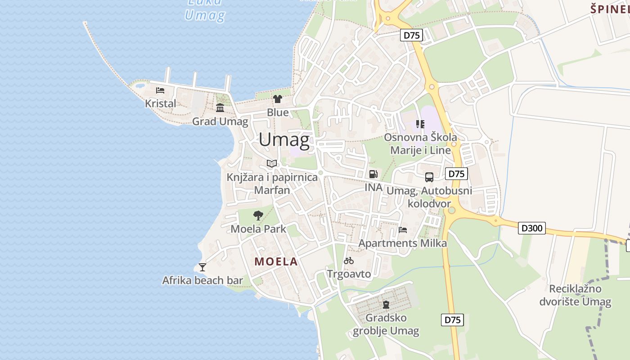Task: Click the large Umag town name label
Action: tap(284, 140)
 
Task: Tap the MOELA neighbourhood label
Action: tap(276, 261)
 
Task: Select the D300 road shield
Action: tap(531, 228)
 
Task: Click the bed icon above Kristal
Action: tap(160, 90)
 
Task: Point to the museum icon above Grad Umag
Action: tap(220, 108)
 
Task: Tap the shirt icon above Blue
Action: tap(277, 99)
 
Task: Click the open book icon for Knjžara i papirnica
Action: tap(271, 163)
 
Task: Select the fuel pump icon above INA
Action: tap(373, 174)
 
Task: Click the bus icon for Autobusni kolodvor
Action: tap(429, 177)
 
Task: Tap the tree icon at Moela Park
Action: tap(258, 216)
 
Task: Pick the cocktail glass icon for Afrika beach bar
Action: tap(202, 267)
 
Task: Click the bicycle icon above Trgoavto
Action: tap(349, 261)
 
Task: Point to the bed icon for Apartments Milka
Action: tap(403, 230)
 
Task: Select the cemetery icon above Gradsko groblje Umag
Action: tap(386, 305)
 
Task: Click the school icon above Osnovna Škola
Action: tap(420, 124)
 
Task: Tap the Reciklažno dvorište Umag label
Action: tap(580, 295)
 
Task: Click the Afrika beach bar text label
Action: tap(202, 280)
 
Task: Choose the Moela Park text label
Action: tap(258, 229)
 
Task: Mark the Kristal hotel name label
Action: tap(161, 103)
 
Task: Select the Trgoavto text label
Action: tap(349, 274)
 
